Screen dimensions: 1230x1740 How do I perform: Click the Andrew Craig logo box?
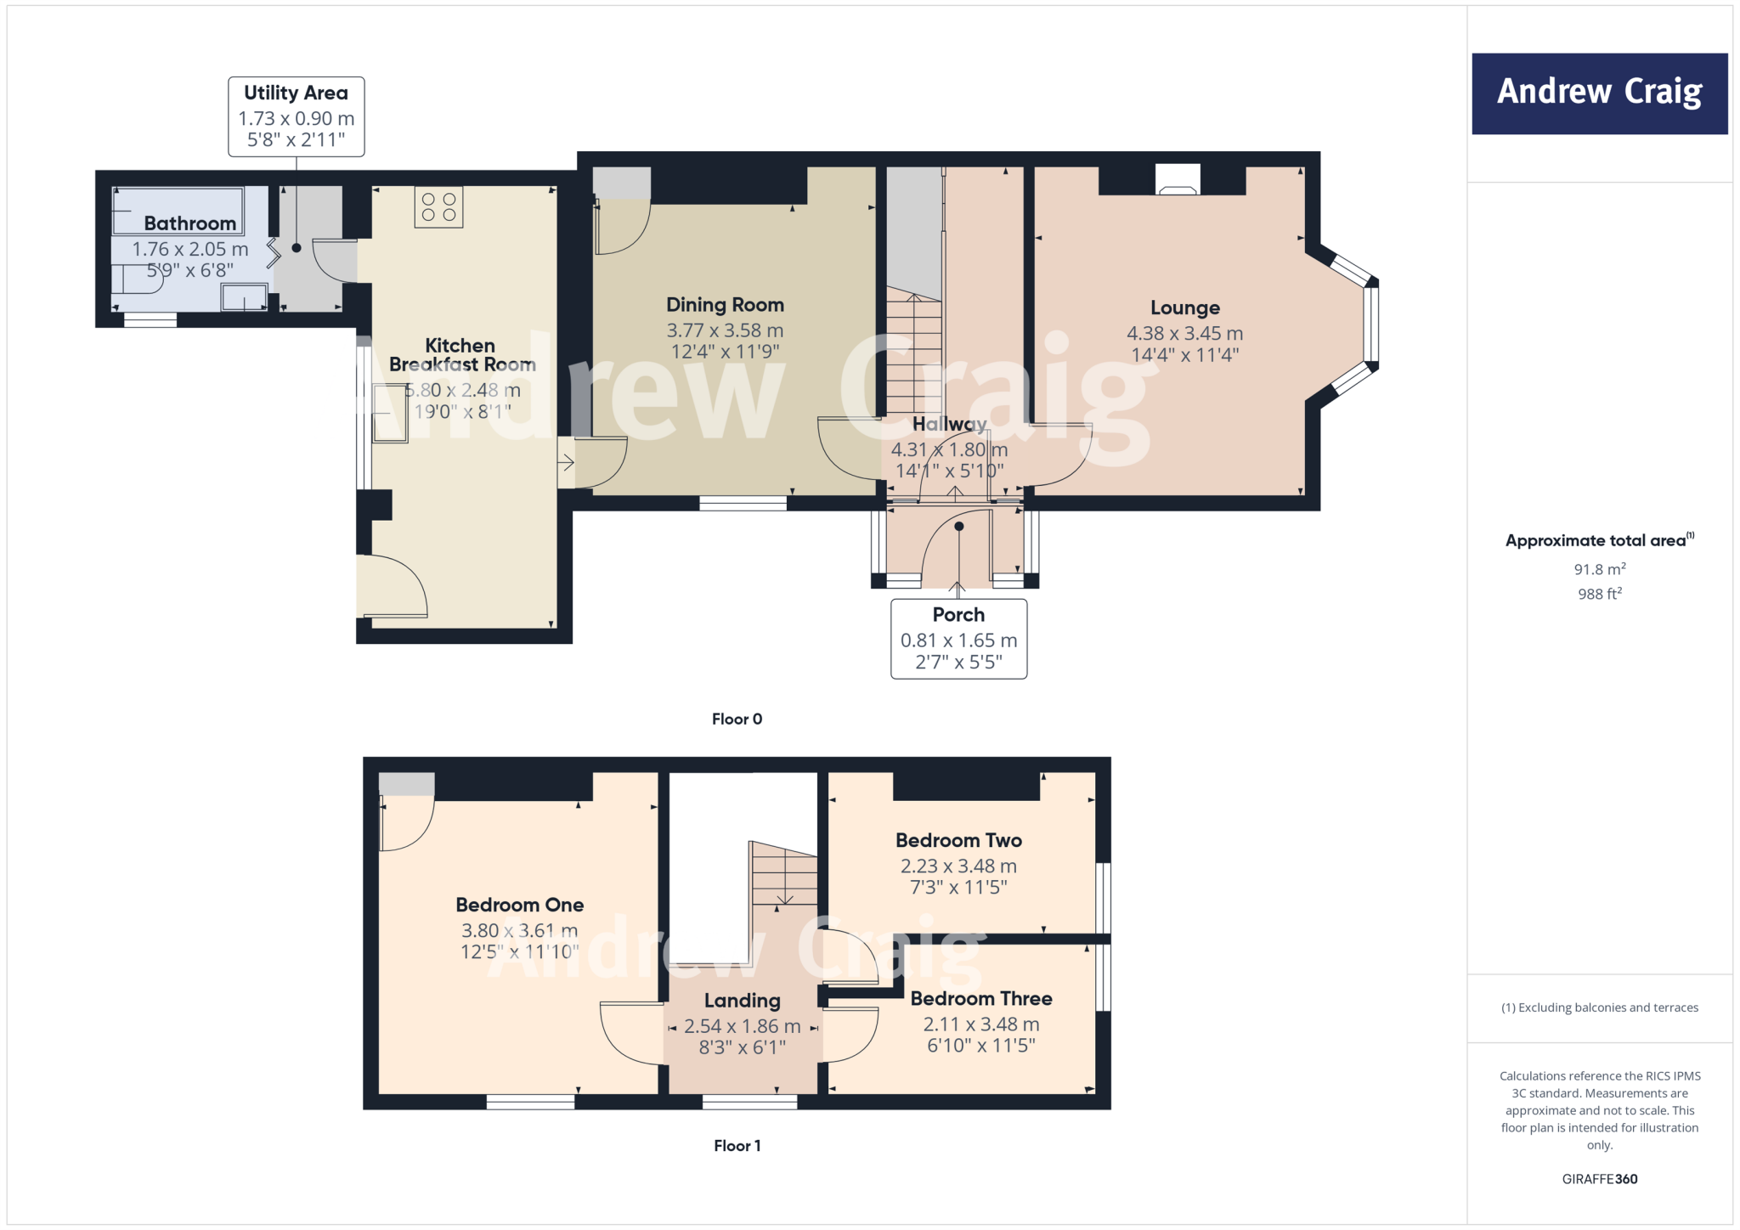[1599, 93]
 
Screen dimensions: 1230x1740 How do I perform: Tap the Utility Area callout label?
[296, 116]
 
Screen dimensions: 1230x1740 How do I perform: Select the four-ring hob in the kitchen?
[438, 207]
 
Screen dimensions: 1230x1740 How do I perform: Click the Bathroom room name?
[189, 223]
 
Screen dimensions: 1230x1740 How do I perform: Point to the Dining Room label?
[725, 305]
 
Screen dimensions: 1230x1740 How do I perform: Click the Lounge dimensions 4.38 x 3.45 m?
[1184, 334]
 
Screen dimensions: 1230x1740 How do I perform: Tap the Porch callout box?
[958, 639]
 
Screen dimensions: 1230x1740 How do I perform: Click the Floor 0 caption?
[737, 719]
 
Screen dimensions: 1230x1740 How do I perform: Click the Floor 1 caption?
[737, 1146]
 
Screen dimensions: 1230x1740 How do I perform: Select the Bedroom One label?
[519, 905]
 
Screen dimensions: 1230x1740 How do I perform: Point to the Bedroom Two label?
[958, 840]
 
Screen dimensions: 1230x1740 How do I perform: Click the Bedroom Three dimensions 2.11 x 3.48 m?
[980, 1024]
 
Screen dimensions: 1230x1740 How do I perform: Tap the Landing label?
[742, 1001]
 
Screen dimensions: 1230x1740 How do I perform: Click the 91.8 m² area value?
[1599, 569]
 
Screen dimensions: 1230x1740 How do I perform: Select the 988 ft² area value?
[1599, 594]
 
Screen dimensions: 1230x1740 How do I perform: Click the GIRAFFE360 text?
[1599, 1179]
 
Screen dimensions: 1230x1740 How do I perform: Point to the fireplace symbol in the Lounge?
[1178, 180]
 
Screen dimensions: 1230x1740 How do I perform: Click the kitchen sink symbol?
[390, 414]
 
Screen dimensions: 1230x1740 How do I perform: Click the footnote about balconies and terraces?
[1599, 1007]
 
